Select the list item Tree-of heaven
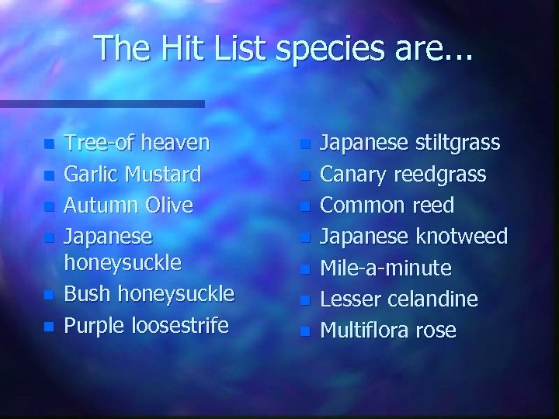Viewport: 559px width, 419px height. [137, 143]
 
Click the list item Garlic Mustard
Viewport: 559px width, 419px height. [133, 173]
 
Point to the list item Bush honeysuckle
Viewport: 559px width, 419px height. [148, 294]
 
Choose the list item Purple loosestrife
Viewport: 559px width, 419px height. [146, 324]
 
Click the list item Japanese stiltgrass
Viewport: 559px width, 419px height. [410, 143]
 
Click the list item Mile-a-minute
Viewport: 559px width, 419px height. [385, 268]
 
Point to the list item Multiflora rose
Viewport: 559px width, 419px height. [388, 330]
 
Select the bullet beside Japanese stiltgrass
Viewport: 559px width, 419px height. [307, 144]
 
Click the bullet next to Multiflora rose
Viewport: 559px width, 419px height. [307, 331]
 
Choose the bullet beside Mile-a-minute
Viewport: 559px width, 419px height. [307, 269]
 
